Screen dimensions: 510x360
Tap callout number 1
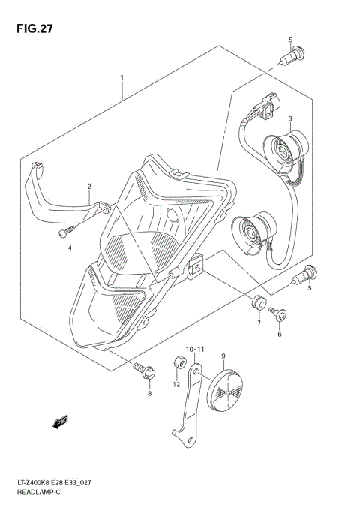pos(121,77)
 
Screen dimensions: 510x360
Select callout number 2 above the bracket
pos(89,187)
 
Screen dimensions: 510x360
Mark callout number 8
pos(149,393)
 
